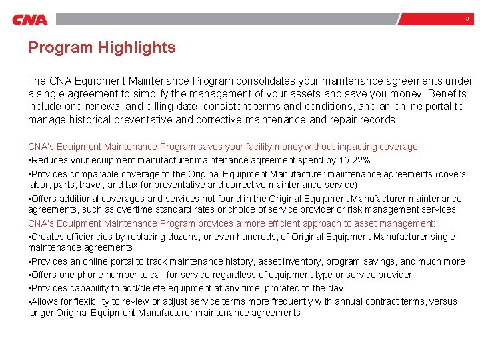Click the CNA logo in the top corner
point(30,19)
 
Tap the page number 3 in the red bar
point(467,19)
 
